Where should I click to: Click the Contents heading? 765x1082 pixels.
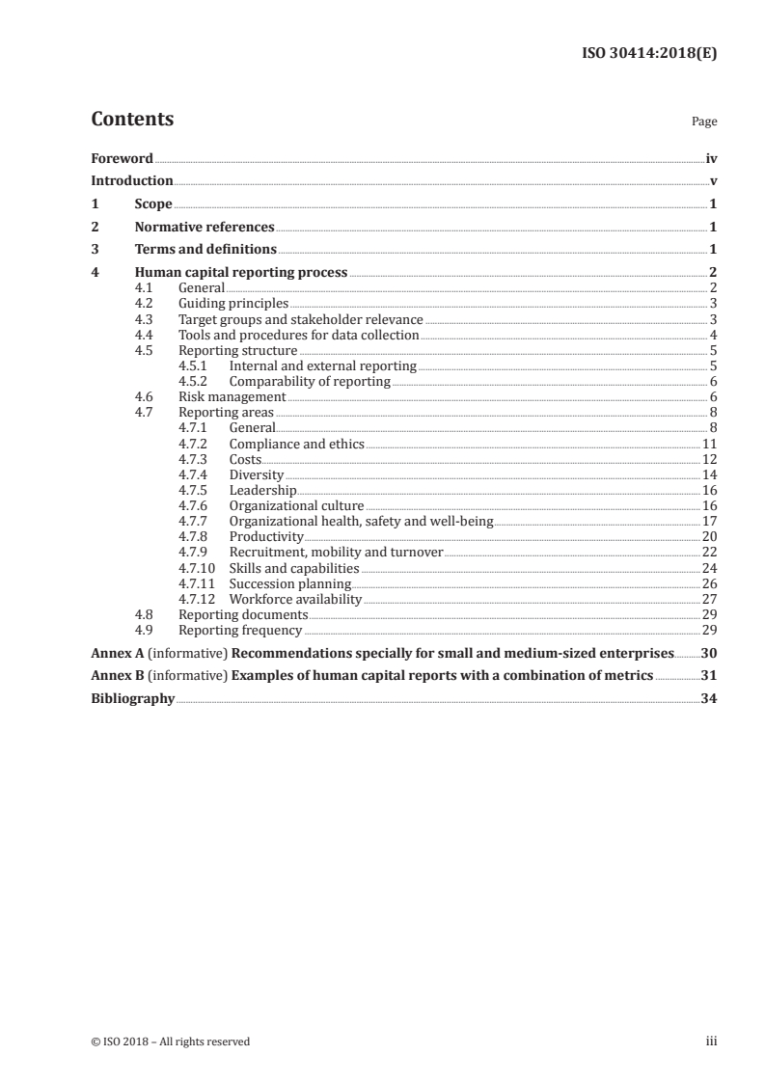click(132, 120)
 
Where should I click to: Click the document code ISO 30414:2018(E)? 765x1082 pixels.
click(652, 55)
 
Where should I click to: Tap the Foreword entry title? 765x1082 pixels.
click(122, 158)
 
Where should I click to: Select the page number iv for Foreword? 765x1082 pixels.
click(711, 158)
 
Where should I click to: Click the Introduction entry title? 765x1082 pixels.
click(132, 181)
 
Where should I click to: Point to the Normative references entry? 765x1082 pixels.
click(205, 228)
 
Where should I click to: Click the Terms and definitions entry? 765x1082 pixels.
click(205, 250)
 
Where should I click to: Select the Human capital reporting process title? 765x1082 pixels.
click(241, 273)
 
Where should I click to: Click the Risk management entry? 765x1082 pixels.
click(232, 396)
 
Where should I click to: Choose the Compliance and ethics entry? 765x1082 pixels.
click(296, 444)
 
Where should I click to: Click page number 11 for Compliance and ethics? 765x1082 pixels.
click(709, 444)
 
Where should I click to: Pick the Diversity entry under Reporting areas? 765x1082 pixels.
click(256, 474)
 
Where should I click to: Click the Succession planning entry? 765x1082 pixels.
click(290, 583)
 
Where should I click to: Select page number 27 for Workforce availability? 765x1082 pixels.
click(709, 599)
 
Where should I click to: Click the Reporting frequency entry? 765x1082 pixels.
click(240, 631)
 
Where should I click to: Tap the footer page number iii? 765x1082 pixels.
click(712, 1041)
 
